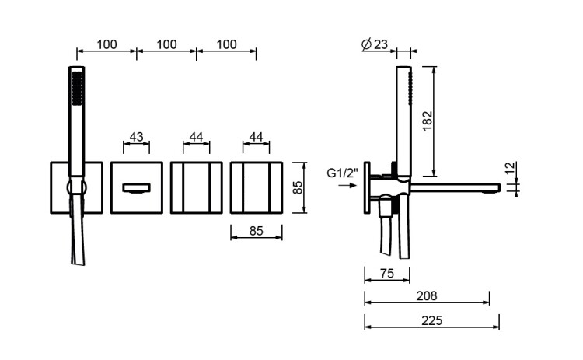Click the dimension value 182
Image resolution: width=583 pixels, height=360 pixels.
click(428, 121)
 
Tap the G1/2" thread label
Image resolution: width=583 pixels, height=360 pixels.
click(343, 173)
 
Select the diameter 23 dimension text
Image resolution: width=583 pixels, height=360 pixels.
click(375, 44)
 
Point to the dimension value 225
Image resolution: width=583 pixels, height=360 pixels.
click(431, 320)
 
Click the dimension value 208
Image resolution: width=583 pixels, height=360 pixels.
click(427, 295)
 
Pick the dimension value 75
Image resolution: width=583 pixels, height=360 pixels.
click(386, 274)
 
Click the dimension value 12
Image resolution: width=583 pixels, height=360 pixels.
click(511, 167)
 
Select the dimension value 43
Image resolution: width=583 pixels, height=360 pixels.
click(136, 137)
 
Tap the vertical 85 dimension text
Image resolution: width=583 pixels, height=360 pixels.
click(298, 187)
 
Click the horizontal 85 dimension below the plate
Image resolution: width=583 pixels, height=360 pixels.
click(256, 231)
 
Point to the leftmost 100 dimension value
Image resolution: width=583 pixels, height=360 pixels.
click(106, 44)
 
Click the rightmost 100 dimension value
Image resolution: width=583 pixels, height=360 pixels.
click(226, 44)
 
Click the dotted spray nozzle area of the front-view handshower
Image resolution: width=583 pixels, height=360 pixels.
click(77, 88)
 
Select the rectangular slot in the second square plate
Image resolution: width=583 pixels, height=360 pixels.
click(136, 188)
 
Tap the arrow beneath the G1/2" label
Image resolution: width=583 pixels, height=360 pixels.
click(347, 185)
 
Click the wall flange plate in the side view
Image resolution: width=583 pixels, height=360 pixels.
click(368, 187)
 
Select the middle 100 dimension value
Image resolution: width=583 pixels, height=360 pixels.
click(166, 44)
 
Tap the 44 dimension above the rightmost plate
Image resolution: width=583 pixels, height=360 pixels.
click(256, 137)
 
